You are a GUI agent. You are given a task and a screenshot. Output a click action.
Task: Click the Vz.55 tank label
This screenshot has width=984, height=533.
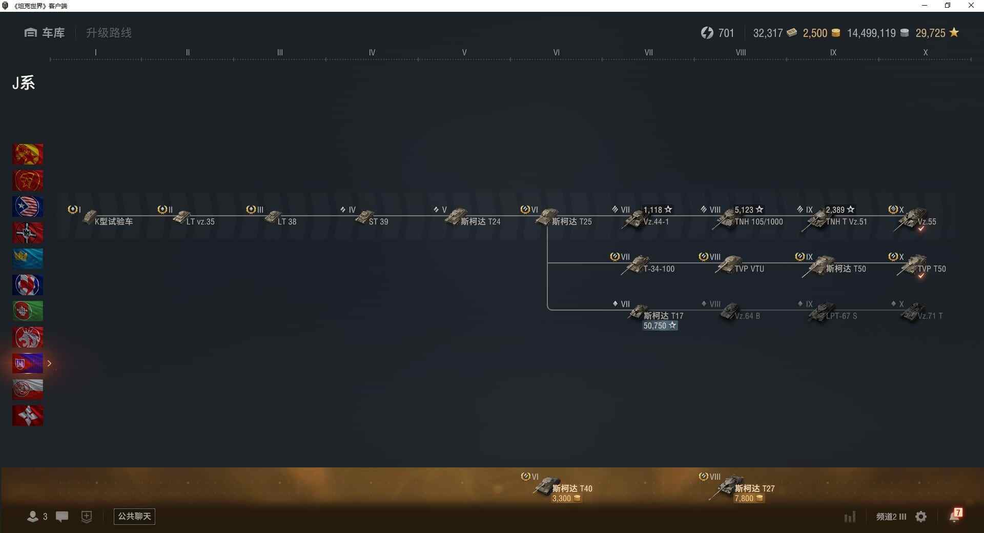pos(927,222)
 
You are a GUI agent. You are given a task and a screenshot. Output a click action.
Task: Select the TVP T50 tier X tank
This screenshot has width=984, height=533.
pos(917,265)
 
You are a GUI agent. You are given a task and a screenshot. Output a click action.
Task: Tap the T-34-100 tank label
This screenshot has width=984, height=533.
pos(659,269)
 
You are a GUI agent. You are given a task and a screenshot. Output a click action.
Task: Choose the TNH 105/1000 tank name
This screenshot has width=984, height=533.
pos(758,222)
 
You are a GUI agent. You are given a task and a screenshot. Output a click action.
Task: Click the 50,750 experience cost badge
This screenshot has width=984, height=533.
pos(660,326)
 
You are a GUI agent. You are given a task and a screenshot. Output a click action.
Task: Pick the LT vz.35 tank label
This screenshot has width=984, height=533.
pos(200,222)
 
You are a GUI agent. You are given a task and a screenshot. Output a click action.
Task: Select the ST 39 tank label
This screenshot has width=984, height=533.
pos(378,222)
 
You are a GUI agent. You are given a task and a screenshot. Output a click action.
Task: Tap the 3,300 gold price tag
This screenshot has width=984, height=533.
pos(566,499)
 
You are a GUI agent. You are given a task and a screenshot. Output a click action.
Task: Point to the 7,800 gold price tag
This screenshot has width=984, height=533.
pos(749,499)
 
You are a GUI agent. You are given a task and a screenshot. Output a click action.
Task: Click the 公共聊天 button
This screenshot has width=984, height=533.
pos(134,516)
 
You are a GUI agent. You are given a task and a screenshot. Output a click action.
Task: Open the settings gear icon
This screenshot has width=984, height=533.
pos(921,517)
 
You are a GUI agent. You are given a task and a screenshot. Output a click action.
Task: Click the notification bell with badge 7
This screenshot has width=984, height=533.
pos(955,516)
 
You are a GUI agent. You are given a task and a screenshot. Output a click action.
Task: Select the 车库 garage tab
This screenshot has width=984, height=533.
pos(45,33)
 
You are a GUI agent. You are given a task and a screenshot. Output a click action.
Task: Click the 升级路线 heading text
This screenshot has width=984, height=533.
pos(109,33)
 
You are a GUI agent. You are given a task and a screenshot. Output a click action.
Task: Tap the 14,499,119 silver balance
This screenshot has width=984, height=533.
pos(871,33)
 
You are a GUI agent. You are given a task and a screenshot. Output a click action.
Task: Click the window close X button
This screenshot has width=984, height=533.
pos(971,6)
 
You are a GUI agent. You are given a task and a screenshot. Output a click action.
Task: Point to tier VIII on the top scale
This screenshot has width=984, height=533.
pos(741,52)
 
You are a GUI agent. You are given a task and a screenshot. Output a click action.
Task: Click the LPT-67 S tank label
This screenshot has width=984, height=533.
pos(841,316)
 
